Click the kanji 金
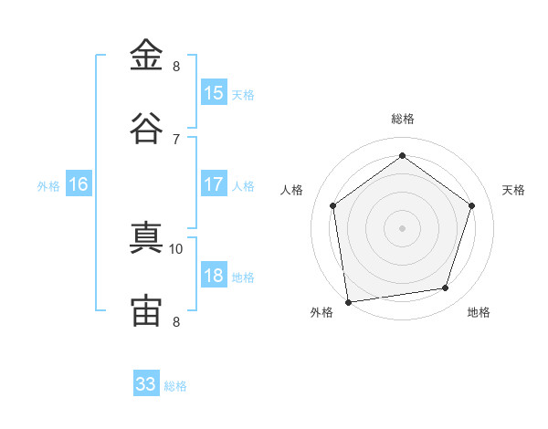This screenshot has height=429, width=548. [x=146, y=55]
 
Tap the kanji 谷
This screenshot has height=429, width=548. [x=146, y=128]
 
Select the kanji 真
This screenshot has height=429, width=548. [x=146, y=237]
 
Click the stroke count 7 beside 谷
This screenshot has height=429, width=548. [x=176, y=140]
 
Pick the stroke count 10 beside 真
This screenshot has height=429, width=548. [x=175, y=249]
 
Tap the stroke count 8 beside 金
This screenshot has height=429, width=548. [x=176, y=66]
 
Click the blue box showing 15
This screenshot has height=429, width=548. [x=214, y=91]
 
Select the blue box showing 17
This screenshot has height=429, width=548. [x=214, y=183]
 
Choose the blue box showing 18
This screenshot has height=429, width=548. [x=214, y=274]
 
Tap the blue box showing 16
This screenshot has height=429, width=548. [x=79, y=183]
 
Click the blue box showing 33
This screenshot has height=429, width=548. [x=146, y=382]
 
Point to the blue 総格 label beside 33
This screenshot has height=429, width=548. [x=175, y=386]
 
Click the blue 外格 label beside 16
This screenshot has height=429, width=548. [x=48, y=186]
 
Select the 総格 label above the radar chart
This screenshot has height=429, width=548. [x=403, y=119]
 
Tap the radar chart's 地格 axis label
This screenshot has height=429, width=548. [x=479, y=312]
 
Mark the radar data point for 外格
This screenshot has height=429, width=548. [x=348, y=302]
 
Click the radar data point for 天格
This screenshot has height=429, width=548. [x=471, y=205]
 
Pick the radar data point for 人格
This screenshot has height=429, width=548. [x=332, y=205]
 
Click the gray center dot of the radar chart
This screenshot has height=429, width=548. [x=402, y=228]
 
